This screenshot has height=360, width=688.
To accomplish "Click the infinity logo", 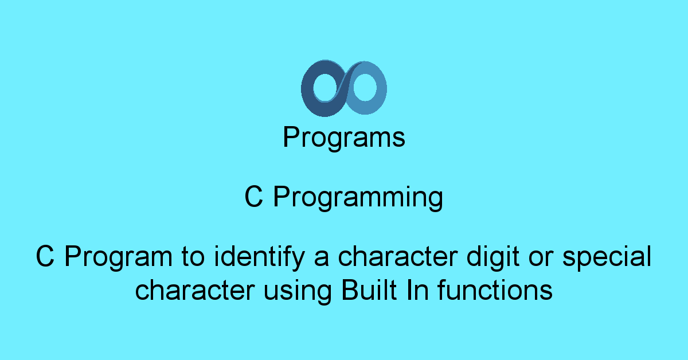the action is pyautogui.click(x=344, y=88).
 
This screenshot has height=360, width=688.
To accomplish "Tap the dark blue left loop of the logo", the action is pyautogui.click(x=307, y=89).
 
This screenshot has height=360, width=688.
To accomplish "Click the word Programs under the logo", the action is pyautogui.click(x=344, y=138).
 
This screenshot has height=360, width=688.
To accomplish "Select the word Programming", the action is pyautogui.click(x=358, y=198).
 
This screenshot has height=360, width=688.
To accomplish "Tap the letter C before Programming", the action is pyautogui.click(x=253, y=197).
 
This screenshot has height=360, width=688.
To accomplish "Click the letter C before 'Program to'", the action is pyautogui.click(x=45, y=256).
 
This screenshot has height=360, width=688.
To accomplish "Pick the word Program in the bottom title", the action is pyautogui.click(x=119, y=258).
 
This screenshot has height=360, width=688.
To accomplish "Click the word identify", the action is pyautogui.click(x=259, y=258).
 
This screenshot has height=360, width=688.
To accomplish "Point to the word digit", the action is pyautogui.click(x=493, y=258).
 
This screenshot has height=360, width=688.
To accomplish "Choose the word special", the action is pyautogui.click(x=607, y=258).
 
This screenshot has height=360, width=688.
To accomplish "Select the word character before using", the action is pyautogui.click(x=195, y=290).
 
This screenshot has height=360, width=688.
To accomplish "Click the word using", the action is pyautogui.click(x=298, y=292).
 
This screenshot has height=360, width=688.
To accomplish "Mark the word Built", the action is pyautogui.click(x=369, y=290).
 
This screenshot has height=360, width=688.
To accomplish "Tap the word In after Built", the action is pyautogui.click(x=417, y=290).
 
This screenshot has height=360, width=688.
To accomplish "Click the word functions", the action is pyautogui.click(x=495, y=290).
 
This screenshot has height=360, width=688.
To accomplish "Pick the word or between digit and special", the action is pyautogui.click(x=541, y=260).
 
